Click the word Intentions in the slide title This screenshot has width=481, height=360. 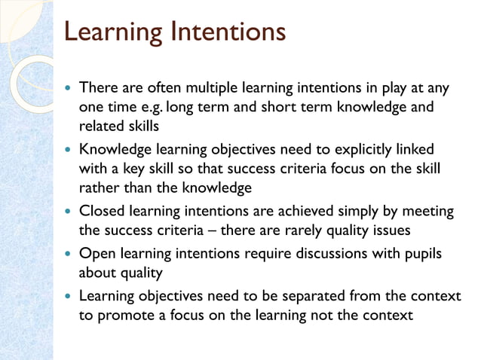point(228,33)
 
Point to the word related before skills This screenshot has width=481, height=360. point(100,124)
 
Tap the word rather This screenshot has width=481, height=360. point(98,185)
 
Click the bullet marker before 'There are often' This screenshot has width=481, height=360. point(69,89)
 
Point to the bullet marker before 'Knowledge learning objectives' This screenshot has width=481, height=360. point(69,150)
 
